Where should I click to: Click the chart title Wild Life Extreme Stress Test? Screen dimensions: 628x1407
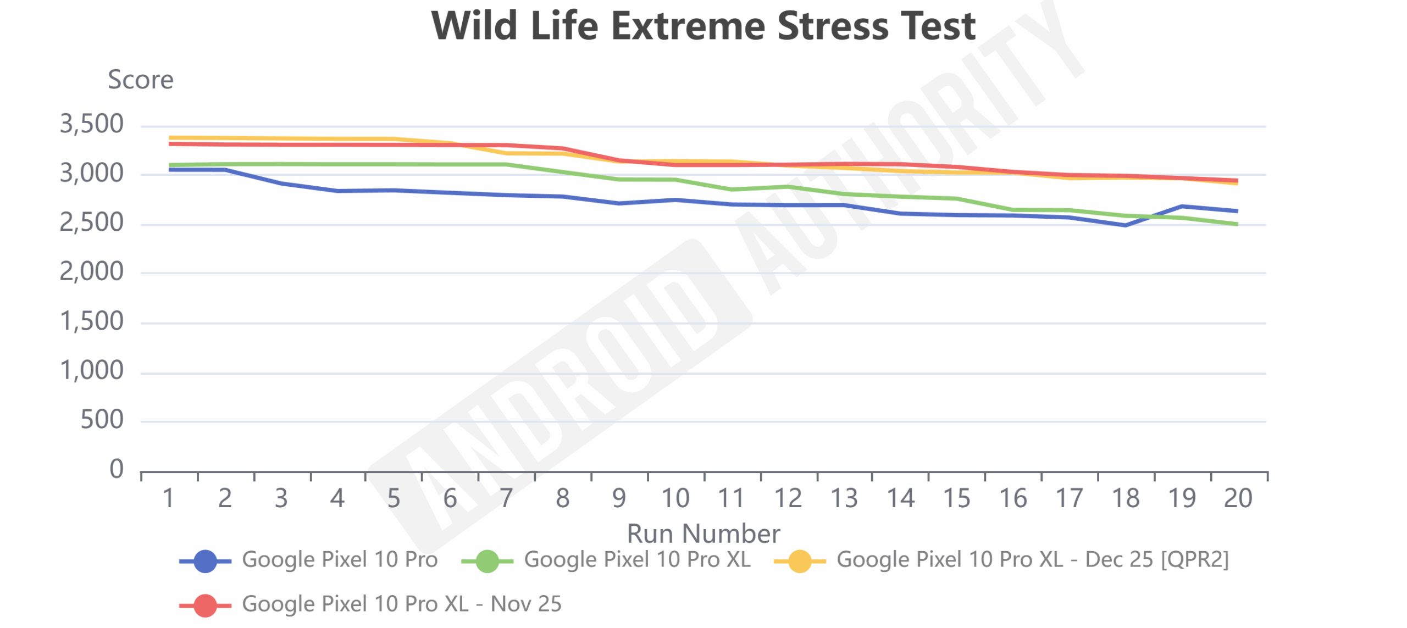point(703,26)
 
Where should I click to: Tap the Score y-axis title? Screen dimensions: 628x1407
point(141,80)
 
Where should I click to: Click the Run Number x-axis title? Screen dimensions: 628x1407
point(703,533)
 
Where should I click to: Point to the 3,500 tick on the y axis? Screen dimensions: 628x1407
point(92,124)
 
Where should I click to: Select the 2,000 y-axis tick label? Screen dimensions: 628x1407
point(92,271)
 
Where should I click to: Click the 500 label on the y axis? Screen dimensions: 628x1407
point(102,420)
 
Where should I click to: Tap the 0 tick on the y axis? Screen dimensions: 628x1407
point(117,469)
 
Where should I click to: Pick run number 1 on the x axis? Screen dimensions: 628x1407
point(169,498)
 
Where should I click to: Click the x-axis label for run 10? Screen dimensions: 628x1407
point(675,498)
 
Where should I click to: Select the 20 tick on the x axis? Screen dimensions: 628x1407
point(1238,498)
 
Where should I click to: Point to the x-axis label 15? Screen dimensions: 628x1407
point(956,498)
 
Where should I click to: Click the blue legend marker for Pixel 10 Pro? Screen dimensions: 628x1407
point(205,561)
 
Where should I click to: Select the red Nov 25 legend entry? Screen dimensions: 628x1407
point(401,604)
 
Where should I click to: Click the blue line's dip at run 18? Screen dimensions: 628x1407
point(1125,225)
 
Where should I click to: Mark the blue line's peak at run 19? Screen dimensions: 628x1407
point(1182,207)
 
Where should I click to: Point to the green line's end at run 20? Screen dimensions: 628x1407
point(1237,224)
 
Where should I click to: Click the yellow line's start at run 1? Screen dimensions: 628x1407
point(170,138)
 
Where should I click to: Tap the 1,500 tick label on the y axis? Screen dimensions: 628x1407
point(92,321)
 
